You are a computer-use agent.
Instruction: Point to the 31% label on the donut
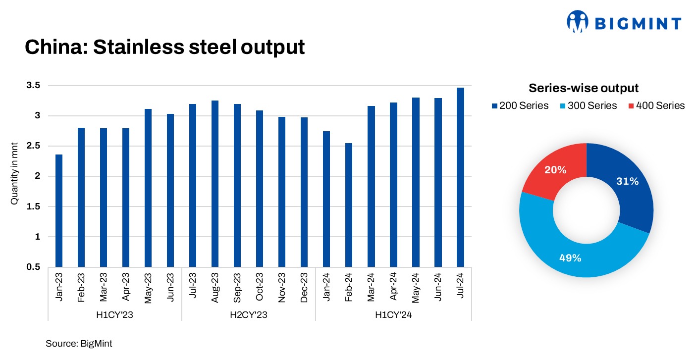click(x=628, y=182)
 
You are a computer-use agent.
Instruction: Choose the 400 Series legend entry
click(x=656, y=105)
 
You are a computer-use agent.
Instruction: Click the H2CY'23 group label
click(x=248, y=314)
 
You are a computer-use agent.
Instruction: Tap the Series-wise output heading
click(x=584, y=88)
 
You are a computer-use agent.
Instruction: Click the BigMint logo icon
click(x=577, y=21)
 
